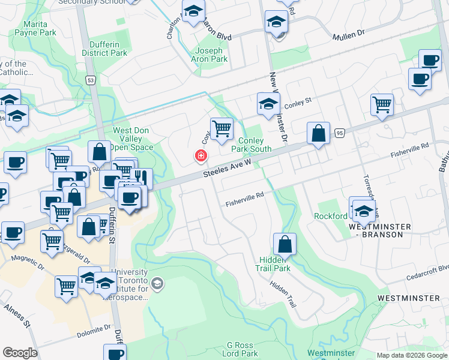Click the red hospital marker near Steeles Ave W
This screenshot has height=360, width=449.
pos(200,156)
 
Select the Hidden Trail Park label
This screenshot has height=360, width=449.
pos(275,263)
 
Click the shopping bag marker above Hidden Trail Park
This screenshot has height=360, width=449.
pos(285,244)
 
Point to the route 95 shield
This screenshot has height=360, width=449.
pos(340,133)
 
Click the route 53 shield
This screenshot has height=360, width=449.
pos(91,80)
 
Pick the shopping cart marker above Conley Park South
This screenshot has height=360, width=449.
pos(221,128)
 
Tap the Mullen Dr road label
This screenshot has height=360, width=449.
pos(349,36)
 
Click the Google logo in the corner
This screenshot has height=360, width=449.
pos(20,353)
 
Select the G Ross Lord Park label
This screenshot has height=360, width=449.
pos(243,350)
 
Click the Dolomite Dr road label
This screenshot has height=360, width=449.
pos(94,331)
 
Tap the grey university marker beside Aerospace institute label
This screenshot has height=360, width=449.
pos(157,283)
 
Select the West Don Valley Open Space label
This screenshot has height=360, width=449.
pos(133,139)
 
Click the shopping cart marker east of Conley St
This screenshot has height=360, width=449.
pos(382,104)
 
